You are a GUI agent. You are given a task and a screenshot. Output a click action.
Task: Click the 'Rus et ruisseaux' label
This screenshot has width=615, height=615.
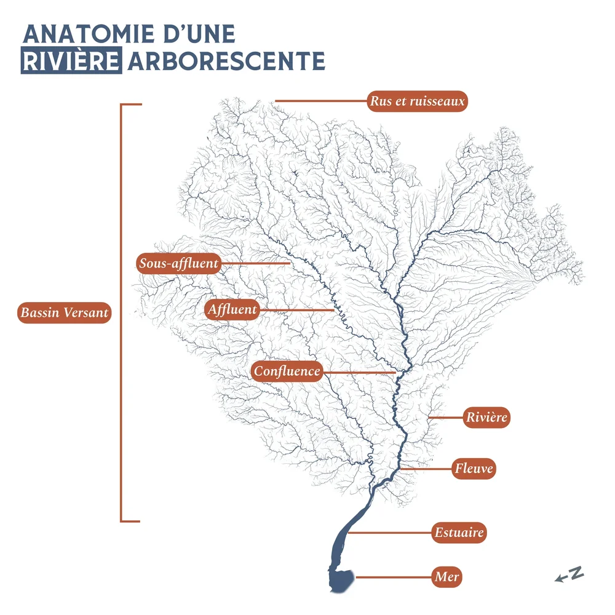point(417,101)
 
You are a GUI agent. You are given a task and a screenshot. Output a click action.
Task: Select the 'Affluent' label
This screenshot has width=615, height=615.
point(232,309)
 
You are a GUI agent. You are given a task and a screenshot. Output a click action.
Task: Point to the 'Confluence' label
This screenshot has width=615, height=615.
point(287,371)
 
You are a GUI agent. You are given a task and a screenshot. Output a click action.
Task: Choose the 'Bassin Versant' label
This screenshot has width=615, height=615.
point(64,312)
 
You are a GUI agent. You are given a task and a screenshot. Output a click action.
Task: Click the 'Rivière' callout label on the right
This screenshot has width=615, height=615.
point(486,418)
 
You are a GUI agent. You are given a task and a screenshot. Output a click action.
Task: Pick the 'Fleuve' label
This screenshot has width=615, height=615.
point(474,469)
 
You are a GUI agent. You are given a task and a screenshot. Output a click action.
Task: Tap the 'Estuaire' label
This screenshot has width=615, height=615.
point(459,533)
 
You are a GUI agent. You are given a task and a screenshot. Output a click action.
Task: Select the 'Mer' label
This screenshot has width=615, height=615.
point(446,577)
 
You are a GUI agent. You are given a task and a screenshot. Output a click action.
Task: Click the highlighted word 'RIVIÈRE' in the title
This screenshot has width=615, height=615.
point(71,61)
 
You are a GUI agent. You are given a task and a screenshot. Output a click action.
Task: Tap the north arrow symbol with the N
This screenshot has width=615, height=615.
point(569,574)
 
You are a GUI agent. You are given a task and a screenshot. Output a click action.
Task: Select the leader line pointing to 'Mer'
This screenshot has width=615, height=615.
point(394,577)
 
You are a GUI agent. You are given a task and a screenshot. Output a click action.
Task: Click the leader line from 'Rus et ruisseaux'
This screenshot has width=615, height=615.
point(320,100)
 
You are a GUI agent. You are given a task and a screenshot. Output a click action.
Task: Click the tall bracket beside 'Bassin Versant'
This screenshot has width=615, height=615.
point(121,312)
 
